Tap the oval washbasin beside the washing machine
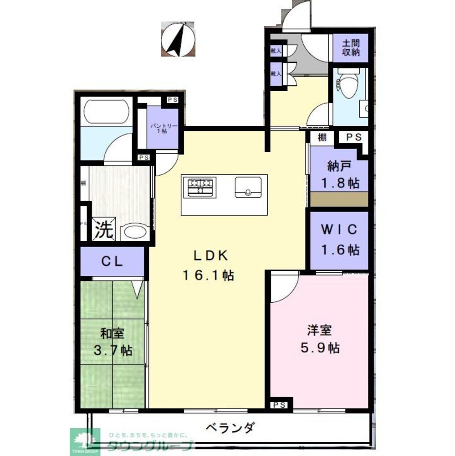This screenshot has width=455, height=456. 135,232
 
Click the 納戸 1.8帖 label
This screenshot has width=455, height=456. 339,175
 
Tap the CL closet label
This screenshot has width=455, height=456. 111,262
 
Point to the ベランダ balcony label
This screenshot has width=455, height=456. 230,429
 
